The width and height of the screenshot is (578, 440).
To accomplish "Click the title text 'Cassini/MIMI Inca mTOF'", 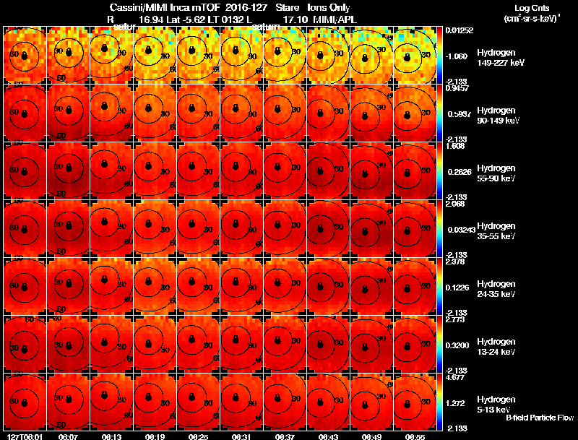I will tap(160, 7).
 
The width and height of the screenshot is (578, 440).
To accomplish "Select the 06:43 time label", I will tap(329, 436).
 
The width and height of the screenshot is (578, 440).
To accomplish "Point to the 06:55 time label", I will tap(415, 436).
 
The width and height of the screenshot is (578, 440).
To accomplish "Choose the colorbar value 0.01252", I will tap(459, 30).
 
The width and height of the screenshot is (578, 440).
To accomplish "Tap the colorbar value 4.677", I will tap(456, 377).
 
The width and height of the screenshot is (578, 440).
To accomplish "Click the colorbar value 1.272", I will tap(456, 403).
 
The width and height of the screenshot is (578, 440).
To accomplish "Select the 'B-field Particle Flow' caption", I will tap(539, 418).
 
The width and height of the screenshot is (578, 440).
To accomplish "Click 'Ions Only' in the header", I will tap(327, 7).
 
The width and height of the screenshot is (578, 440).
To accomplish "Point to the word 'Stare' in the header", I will tap(287, 7).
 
